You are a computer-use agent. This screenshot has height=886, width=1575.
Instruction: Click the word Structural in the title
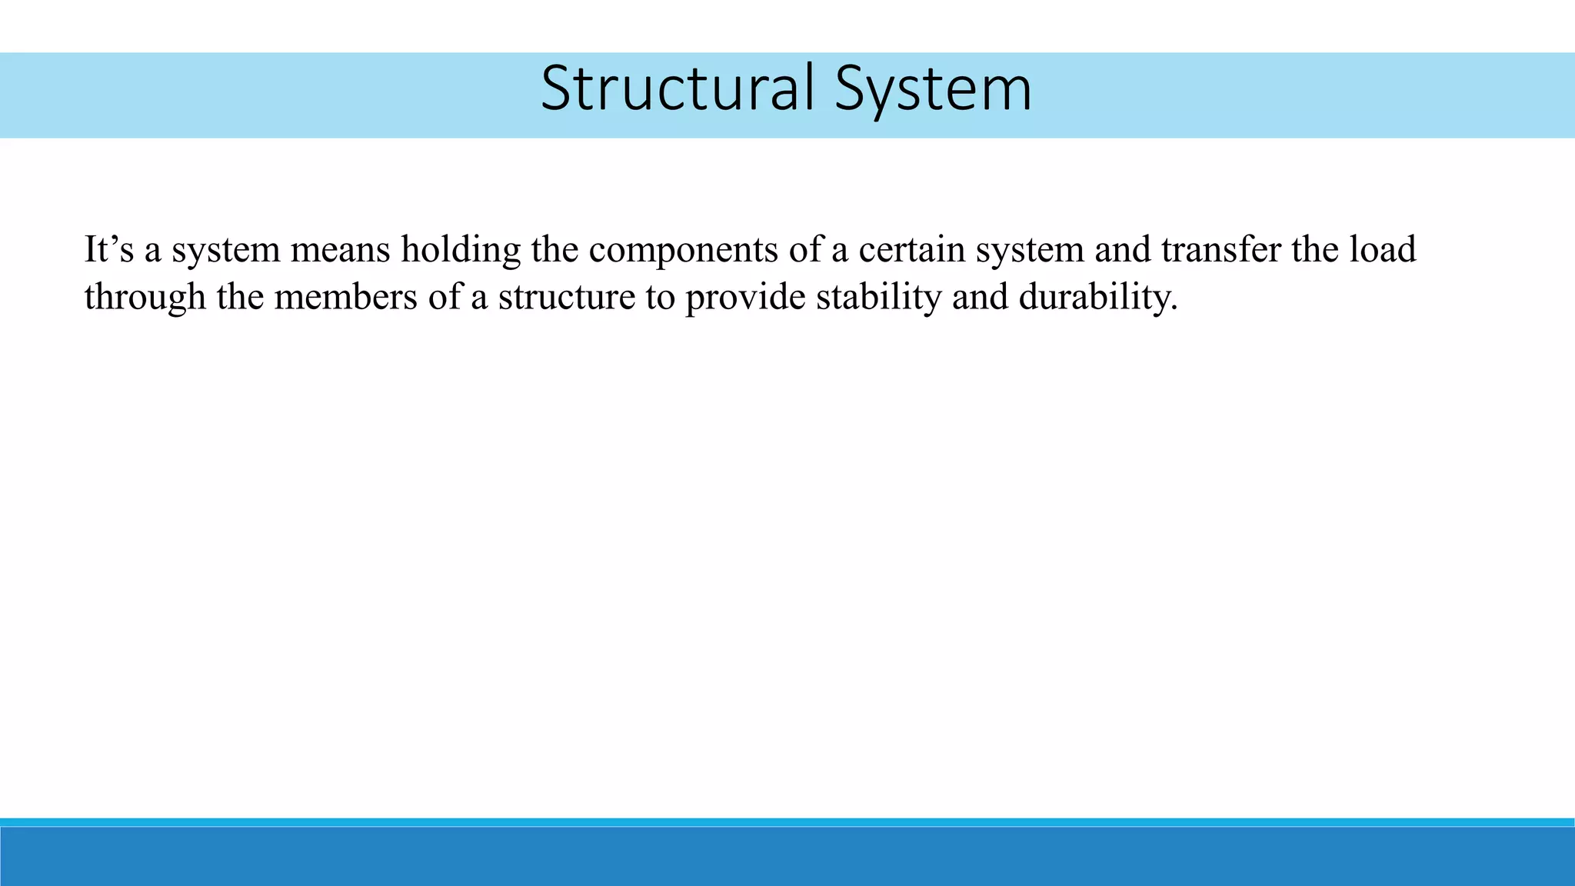pos(677,88)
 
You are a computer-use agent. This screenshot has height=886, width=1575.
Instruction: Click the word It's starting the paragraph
pos(108,250)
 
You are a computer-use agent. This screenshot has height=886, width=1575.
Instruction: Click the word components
pos(683,250)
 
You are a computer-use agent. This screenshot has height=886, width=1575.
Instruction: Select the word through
pos(145,297)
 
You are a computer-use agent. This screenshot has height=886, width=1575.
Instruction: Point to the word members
pos(345,297)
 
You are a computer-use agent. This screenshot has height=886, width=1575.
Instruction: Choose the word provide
pos(745,297)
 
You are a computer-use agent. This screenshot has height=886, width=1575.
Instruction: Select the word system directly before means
pos(225,250)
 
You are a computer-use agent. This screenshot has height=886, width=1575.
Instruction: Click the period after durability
pos(1174,308)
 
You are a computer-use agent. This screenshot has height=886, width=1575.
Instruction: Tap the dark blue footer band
pos(787,857)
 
